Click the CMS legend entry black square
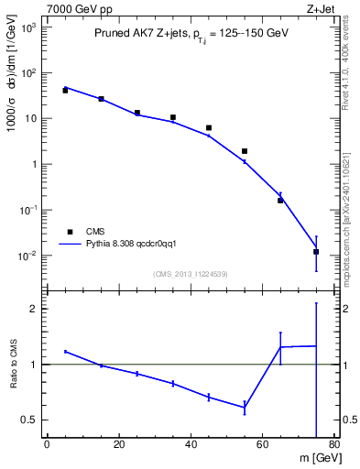[68, 232]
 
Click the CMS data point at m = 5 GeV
[65, 91]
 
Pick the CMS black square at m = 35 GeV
[173, 117]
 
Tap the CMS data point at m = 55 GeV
[245, 151]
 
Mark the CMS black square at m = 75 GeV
[316, 252]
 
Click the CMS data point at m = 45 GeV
[209, 128]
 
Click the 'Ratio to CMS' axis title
[13, 365]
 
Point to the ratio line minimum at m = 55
[245, 407]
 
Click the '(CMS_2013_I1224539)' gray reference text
[190, 273]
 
